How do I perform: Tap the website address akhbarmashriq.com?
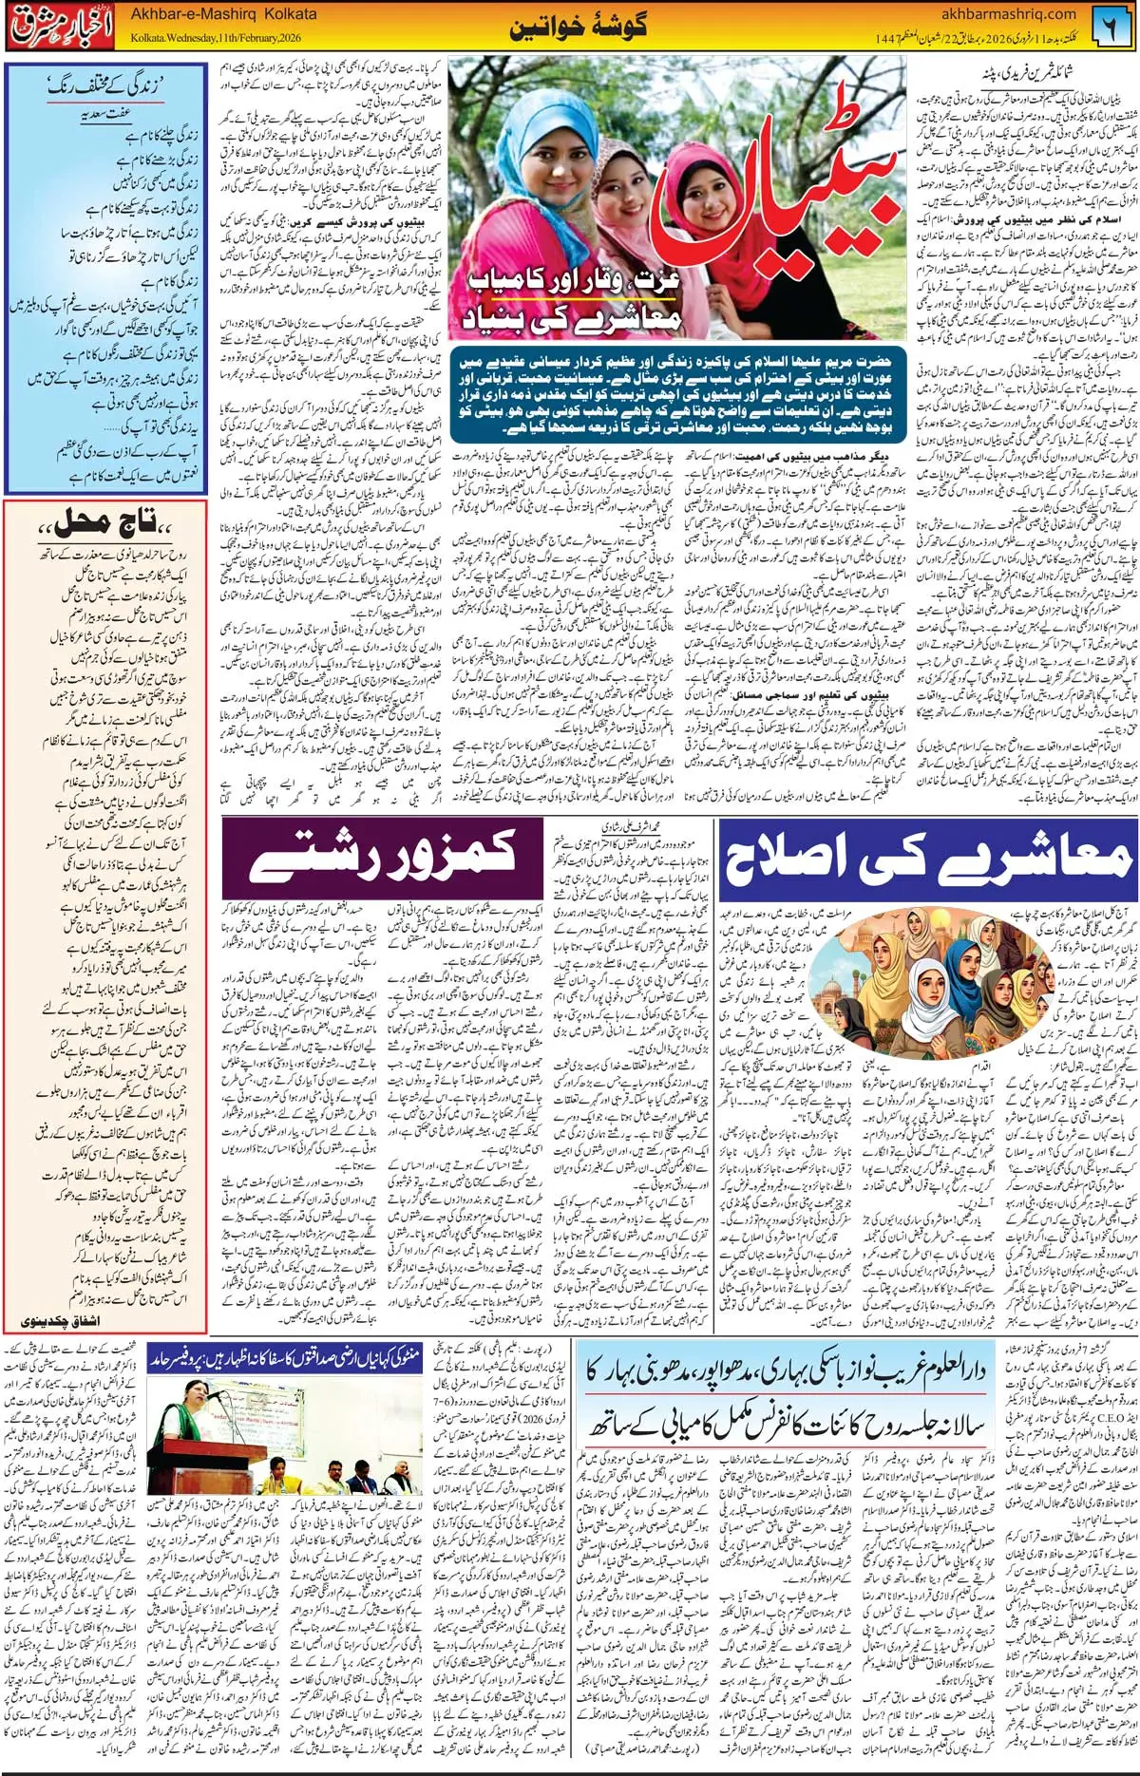[1008, 14]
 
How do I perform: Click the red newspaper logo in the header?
[61, 28]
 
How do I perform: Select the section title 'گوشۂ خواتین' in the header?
[578, 27]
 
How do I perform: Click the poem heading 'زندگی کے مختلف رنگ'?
[104, 86]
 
